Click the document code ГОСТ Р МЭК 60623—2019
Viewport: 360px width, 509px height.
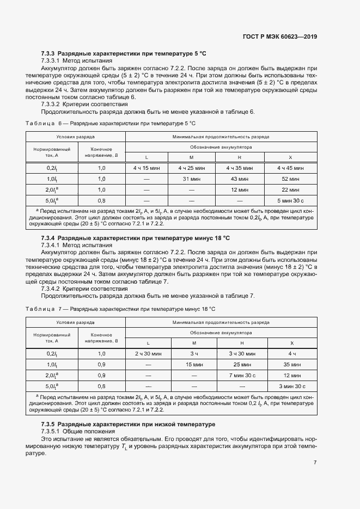pyautogui.click(x=279, y=37)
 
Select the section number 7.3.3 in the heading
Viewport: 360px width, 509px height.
pyautogui.click(x=48, y=54)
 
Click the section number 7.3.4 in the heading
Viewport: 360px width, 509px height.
pyautogui.click(x=48, y=238)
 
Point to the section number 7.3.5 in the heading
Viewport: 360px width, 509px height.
pyautogui.click(x=48, y=424)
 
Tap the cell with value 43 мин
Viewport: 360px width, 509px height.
pyautogui.click(x=241, y=179)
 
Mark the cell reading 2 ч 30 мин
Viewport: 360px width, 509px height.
pyautogui.click(x=148, y=353)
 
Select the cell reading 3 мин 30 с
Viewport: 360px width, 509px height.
pyautogui.click(x=291, y=386)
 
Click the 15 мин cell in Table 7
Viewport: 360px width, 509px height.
pyautogui.click(x=194, y=364)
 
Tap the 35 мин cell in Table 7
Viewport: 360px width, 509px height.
pyautogui.click(x=291, y=364)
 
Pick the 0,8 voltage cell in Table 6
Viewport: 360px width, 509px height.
pyautogui.click(x=101, y=200)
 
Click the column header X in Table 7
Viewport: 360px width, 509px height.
pyautogui.click(x=291, y=342)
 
